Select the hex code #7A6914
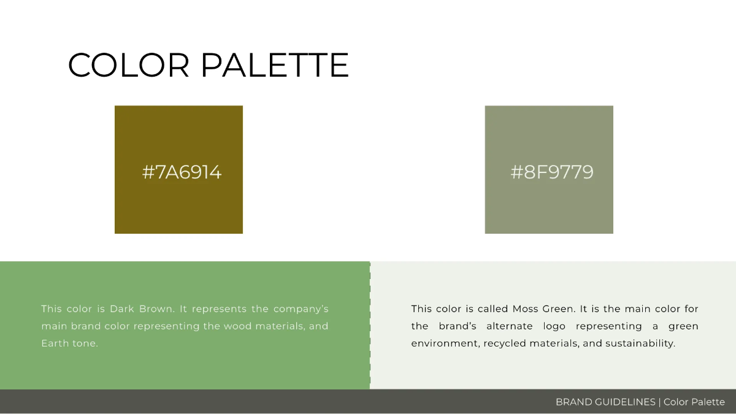tap(182, 172)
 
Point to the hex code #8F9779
tap(552, 172)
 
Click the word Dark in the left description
tap(124, 309)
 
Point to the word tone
tap(86, 343)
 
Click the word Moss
tap(524, 309)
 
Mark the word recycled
tap(504, 343)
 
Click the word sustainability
tap(640, 343)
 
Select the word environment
tap(444, 343)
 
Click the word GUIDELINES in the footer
tap(626, 402)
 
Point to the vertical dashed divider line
tap(370, 325)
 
